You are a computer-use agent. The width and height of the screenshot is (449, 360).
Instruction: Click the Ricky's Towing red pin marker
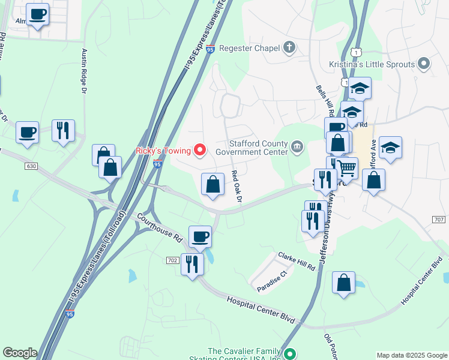200,149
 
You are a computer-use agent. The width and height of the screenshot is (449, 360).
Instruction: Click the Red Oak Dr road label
237,187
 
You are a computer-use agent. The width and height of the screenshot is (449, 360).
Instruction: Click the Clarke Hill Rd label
297,261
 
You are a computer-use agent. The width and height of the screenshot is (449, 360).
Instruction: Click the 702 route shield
173,260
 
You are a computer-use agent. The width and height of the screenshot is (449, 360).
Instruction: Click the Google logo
20,353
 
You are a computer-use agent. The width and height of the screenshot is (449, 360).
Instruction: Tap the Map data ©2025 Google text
412,355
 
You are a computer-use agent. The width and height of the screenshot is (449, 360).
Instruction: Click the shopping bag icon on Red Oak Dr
212,184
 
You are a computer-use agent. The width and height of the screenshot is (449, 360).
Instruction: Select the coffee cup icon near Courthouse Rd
200,236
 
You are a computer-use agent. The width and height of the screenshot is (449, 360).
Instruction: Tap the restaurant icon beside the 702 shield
192,263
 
